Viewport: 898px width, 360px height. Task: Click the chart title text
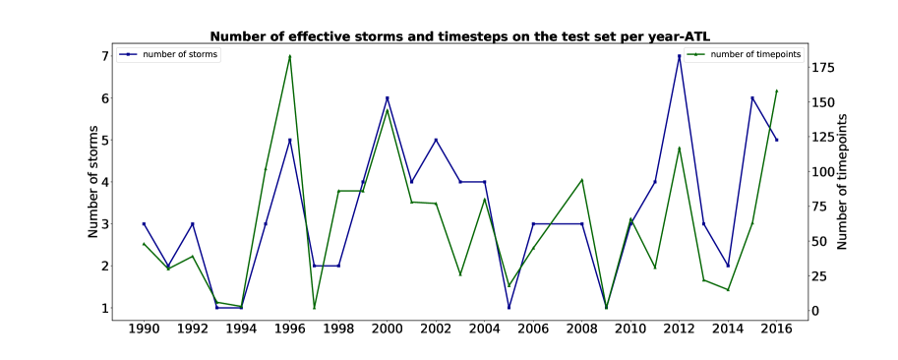click(x=463, y=36)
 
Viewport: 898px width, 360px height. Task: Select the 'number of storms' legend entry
click(x=169, y=54)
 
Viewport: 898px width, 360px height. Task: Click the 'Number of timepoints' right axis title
click(x=841, y=181)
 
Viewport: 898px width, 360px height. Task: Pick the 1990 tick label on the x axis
click(x=144, y=330)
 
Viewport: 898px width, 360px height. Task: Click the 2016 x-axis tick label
click(x=777, y=330)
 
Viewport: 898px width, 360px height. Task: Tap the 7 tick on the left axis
click(x=105, y=56)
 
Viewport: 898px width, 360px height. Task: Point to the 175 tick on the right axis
click(x=824, y=68)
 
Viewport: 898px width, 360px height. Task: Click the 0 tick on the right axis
click(x=817, y=311)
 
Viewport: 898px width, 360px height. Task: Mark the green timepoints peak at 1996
click(x=290, y=56)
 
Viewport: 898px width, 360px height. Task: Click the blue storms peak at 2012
click(x=680, y=56)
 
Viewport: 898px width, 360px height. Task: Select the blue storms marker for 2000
click(x=388, y=98)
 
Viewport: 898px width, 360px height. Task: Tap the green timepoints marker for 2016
click(x=777, y=90)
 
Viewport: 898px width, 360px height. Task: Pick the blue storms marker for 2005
click(x=509, y=307)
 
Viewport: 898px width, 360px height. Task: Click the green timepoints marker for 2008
click(x=582, y=180)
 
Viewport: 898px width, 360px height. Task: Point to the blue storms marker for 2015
click(x=752, y=98)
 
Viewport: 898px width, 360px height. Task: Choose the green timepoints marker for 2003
click(x=460, y=274)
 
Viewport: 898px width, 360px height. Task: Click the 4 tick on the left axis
click(x=105, y=182)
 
